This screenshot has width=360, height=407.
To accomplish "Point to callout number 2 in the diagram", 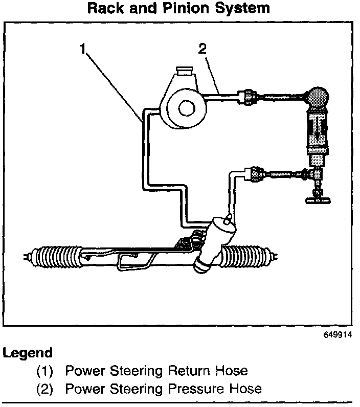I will tap(203, 50).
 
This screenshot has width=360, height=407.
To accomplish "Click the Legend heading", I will tap(28, 353).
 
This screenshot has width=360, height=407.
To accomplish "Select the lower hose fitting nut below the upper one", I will tap(254, 174).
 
